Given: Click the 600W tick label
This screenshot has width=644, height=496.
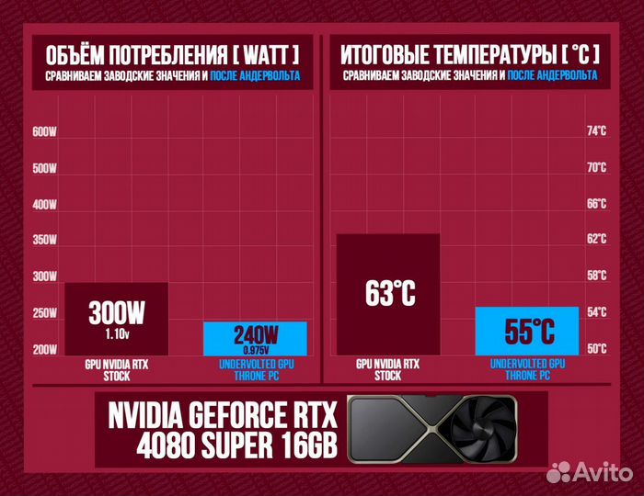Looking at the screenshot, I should [44, 132].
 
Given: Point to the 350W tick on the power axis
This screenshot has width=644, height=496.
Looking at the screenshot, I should [44, 241].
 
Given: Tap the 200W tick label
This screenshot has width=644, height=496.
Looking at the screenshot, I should [44, 349].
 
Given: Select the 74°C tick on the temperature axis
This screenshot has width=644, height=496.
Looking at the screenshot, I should [597, 132].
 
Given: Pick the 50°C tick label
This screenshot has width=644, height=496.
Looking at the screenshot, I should [597, 349].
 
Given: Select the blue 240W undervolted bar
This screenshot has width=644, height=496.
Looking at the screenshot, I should [254, 338].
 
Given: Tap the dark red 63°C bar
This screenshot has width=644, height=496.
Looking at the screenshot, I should [388, 294].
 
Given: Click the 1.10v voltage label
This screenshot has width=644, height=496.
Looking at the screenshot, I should [117, 333].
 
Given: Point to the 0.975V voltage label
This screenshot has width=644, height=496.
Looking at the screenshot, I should [254, 350].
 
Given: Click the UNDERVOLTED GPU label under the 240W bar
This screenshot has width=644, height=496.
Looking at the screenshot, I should [254, 365].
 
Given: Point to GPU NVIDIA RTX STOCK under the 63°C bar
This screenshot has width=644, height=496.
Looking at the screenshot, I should [388, 369].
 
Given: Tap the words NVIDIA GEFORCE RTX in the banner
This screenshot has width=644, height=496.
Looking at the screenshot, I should [224, 415].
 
